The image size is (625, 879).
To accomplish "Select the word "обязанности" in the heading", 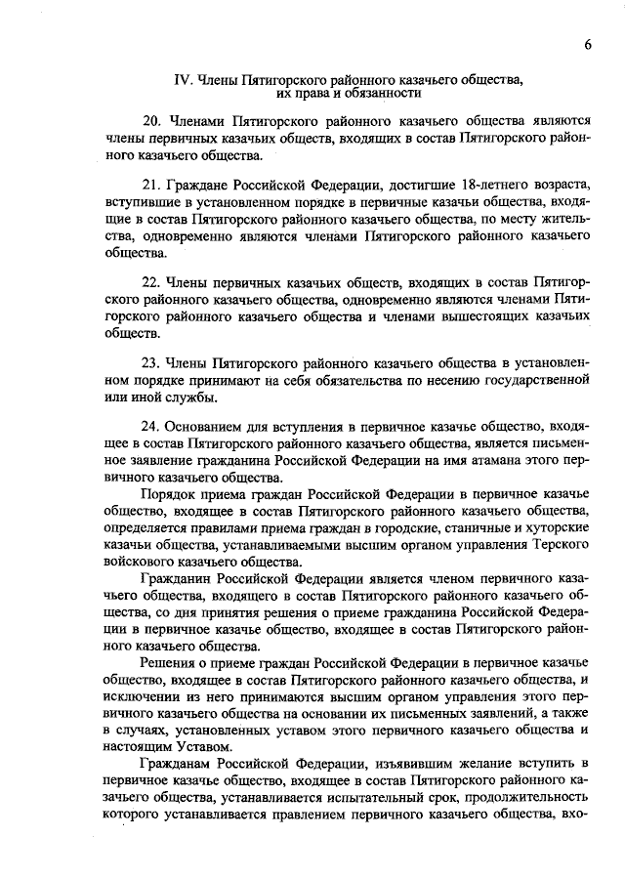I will (386, 94).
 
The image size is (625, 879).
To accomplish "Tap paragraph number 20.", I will (152, 121).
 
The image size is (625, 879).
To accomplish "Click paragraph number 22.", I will (152, 283).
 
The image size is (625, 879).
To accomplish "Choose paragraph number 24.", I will (152, 426).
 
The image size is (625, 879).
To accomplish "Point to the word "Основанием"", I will (202, 426).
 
